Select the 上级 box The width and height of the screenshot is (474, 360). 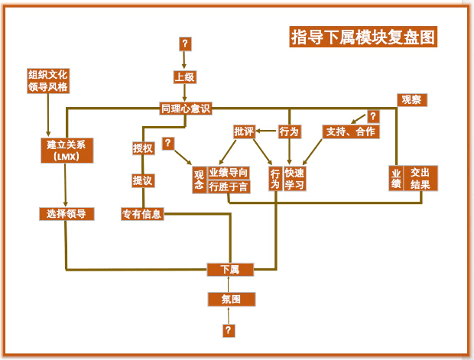(x=185, y=76)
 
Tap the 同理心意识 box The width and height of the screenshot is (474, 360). (x=185, y=109)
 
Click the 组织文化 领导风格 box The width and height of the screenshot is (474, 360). (x=48, y=81)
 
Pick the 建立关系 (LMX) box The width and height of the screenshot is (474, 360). (x=66, y=151)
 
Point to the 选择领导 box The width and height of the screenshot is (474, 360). (x=67, y=214)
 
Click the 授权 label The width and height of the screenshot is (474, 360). (x=143, y=148)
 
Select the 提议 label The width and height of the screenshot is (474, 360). (x=143, y=180)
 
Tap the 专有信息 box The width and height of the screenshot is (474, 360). (x=142, y=214)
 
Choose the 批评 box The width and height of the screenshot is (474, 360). (x=243, y=131)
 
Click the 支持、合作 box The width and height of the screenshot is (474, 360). (x=350, y=131)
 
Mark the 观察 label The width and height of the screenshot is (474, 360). (x=414, y=100)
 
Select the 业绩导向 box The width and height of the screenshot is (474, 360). (x=229, y=173)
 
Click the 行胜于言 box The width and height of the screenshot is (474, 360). (x=229, y=186)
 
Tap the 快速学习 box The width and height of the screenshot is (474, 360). (x=294, y=179)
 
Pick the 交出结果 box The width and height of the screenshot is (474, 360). (x=420, y=179)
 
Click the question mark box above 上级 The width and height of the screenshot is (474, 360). (x=185, y=44)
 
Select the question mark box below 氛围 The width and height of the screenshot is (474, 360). (x=228, y=330)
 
